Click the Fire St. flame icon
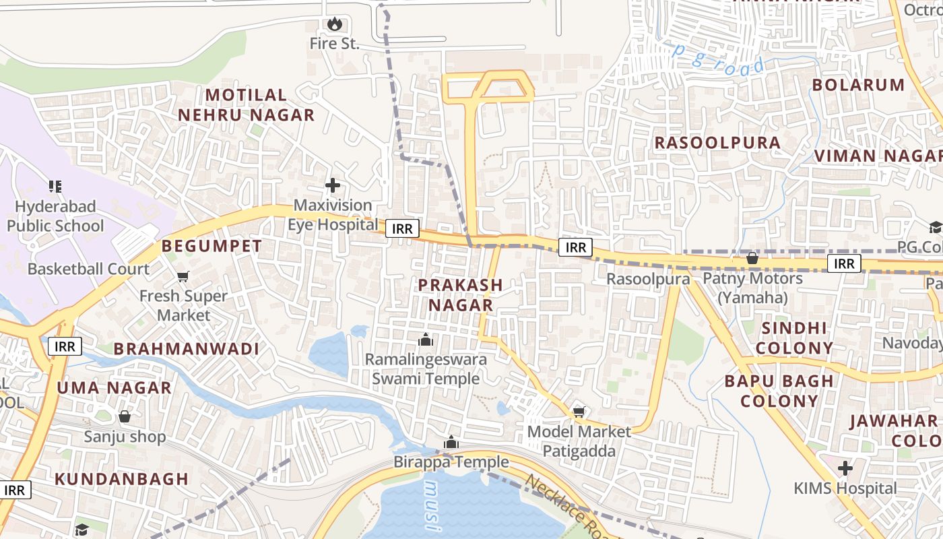pos(335,25)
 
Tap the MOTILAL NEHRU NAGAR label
pos(246,105)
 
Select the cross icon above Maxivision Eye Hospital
pos(333,185)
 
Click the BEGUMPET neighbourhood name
pos(212,246)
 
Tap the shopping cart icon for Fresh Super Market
pos(183,276)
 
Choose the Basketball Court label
pos(88,269)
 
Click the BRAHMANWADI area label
pos(186,349)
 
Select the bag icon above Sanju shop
pos(125,416)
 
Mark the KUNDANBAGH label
pos(121,479)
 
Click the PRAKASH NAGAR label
pos(461,294)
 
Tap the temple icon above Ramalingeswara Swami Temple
pos(426,340)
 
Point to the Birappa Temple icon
pos(451,443)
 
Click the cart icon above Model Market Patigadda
pos(579,412)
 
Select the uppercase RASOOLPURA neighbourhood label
pos(717,143)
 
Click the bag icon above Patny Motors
pos(752,258)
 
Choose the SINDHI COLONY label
pos(794,338)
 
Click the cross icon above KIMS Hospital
pos(845,468)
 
